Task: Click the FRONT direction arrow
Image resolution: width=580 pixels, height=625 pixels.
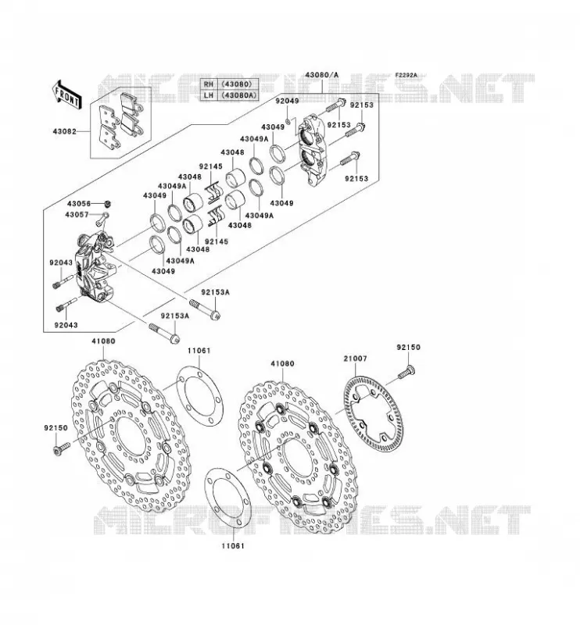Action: [x=67, y=95]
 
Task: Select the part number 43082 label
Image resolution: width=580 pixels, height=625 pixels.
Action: [x=64, y=130]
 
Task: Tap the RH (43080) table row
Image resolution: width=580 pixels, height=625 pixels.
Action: [x=229, y=84]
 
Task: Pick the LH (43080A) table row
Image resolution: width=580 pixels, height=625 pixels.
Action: [x=229, y=95]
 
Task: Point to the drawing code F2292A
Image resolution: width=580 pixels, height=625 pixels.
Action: [x=406, y=75]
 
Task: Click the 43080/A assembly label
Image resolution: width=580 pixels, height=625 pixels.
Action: [x=321, y=75]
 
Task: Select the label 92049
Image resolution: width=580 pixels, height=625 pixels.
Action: [x=287, y=101]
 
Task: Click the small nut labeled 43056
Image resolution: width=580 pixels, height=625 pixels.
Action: [x=107, y=205]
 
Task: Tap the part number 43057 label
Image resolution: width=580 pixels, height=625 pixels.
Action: [x=77, y=215]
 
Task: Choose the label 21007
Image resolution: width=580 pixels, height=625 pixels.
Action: [x=355, y=359]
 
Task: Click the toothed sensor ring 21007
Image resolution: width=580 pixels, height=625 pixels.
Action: [x=373, y=414]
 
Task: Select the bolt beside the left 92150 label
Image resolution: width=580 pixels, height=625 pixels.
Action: [x=62, y=448]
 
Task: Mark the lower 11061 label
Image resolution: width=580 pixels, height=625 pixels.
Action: [x=233, y=545]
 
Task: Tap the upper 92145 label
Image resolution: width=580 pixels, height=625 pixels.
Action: [x=210, y=166]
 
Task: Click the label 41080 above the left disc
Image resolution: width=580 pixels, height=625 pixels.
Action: [x=103, y=341]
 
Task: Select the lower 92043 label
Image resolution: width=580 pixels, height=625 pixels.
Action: [x=66, y=325]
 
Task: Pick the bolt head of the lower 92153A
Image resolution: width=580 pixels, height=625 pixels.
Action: [x=174, y=339]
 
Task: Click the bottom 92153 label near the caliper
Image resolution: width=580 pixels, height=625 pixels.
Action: [x=356, y=179]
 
